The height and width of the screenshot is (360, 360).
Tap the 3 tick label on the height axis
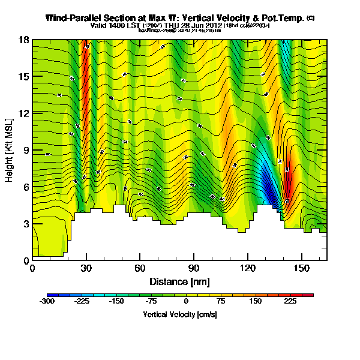pos(26,224)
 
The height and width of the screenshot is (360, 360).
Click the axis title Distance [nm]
pos(179,281)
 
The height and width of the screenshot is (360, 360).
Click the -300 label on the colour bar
pos(47,302)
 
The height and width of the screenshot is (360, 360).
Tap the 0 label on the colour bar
pos(186,302)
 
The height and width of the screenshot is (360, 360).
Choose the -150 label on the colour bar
pos(116,302)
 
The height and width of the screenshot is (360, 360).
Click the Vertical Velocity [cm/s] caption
pos(179,314)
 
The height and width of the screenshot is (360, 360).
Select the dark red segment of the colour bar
pos(307,295)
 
